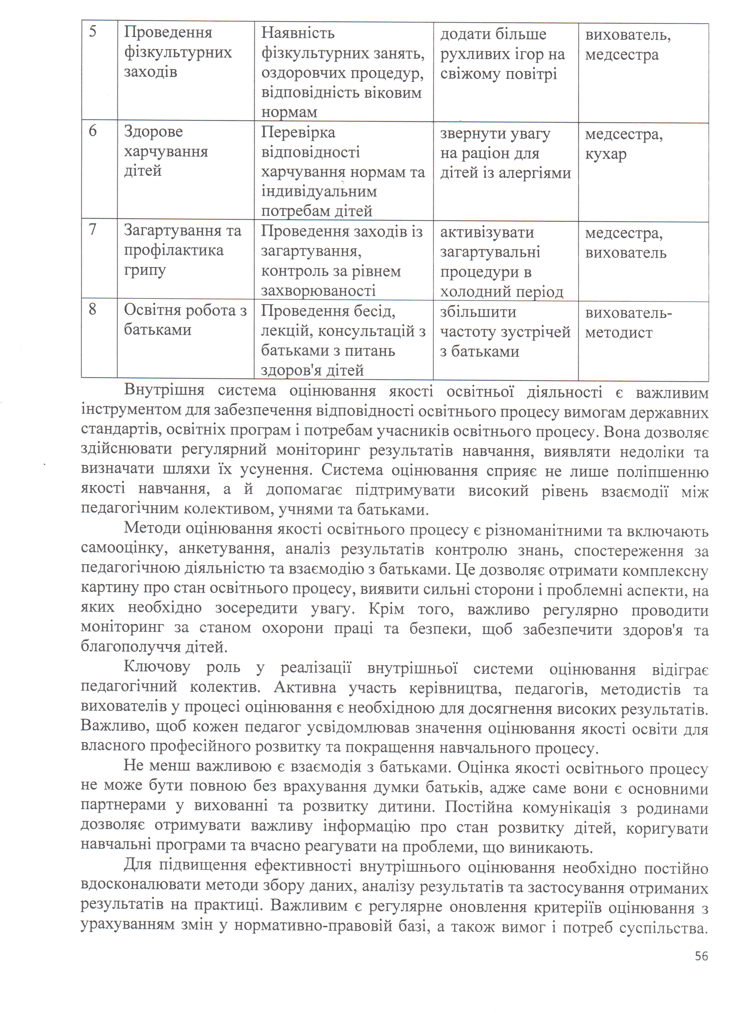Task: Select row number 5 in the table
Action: (93, 32)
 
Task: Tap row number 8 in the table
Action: (93, 309)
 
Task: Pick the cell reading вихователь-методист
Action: (628, 322)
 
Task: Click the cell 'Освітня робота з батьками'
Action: (185, 320)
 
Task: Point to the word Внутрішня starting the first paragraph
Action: (164, 390)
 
